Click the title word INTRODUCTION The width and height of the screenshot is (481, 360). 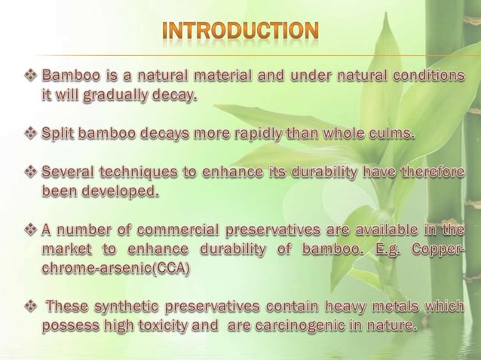tap(241, 32)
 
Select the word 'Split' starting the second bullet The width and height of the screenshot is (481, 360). tap(59, 135)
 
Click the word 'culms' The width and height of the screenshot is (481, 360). tap(388, 135)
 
